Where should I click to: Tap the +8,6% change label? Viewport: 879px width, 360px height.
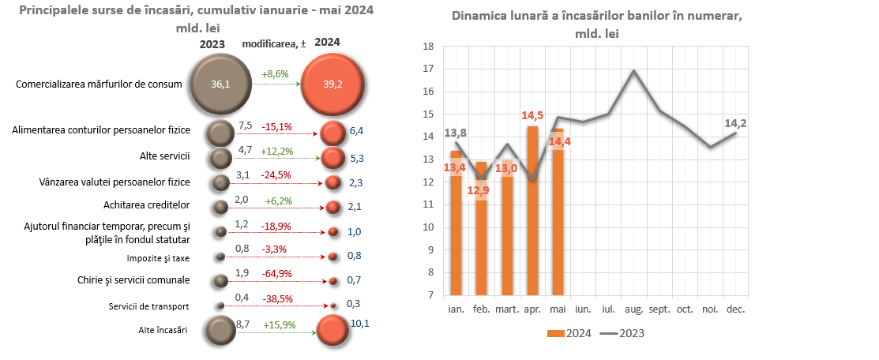(276, 73)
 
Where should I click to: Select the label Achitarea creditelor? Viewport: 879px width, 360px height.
(147, 205)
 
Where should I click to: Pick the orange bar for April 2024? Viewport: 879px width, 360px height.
(532, 211)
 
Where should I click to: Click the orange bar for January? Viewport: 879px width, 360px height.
(456, 223)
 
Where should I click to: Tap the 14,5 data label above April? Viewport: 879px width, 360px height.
(532, 115)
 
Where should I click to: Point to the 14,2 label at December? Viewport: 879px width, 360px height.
(735, 122)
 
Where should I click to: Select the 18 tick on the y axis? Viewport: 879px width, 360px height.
(430, 47)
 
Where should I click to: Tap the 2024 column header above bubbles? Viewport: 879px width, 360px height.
(329, 43)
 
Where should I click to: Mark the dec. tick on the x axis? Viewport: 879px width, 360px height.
(735, 309)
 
